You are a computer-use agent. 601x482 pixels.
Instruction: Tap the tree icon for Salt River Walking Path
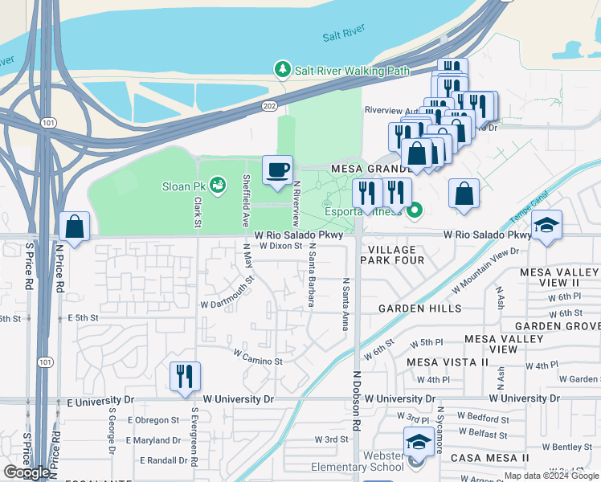pyautogui.click(x=282, y=70)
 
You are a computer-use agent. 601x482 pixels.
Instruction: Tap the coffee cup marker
pyautogui.click(x=277, y=170)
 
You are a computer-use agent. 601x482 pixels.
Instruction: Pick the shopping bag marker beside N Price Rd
pyautogui.click(x=74, y=227)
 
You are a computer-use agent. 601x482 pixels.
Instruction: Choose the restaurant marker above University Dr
pyautogui.click(x=186, y=376)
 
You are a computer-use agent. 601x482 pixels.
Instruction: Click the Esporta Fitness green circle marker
pyautogui.click(x=415, y=211)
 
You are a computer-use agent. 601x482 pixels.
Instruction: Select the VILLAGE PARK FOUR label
pyautogui.click(x=391, y=255)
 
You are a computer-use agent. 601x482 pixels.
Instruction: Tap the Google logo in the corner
pyautogui.click(x=27, y=472)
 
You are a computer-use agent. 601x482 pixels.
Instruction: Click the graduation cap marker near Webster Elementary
pyautogui.click(x=418, y=442)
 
